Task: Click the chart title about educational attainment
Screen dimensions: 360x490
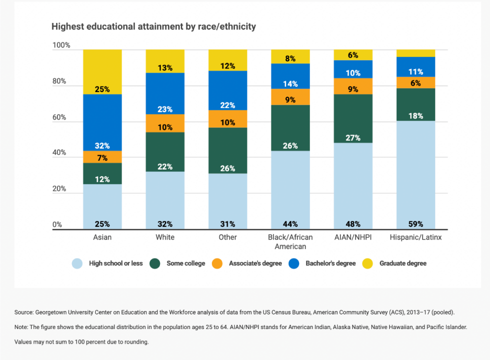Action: tap(153, 26)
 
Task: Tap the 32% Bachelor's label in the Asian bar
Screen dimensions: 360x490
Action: tap(102, 146)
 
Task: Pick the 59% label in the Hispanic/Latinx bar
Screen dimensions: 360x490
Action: tap(415, 224)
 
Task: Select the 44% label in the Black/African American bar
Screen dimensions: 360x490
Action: tap(290, 224)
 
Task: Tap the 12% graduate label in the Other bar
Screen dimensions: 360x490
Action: tap(227, 66)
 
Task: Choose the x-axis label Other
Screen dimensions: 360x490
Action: tap(227, 237)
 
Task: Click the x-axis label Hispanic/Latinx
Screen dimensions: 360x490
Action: tap(415, 237)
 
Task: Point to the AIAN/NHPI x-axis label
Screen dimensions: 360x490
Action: tap(353, 237)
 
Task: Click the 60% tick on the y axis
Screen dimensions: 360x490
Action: tap(60, 117)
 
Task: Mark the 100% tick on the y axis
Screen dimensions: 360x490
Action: tap(60, 45)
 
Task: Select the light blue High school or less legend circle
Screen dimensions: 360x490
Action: tap(77, 263)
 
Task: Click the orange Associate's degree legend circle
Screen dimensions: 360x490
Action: tap(217, 263)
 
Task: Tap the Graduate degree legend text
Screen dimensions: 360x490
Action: tap(402, 263)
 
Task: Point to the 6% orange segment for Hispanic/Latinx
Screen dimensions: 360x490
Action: tap(415, 82)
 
